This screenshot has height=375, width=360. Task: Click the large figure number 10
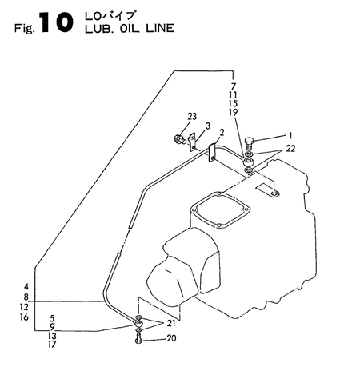pos(57,23)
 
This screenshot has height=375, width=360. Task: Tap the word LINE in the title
pos(160,28)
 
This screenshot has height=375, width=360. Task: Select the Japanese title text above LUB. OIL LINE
pos(110,15)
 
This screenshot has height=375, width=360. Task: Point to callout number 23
pos(192,117)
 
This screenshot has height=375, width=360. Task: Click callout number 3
pos(207,126)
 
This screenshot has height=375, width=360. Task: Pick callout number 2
pos(222,133)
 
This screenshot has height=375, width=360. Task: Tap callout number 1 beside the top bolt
pos(290,135)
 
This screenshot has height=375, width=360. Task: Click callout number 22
pos(290,149)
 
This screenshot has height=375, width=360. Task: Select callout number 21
pos(170,323)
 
